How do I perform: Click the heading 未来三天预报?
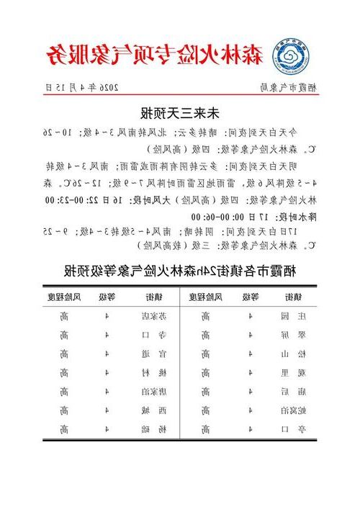pyautogui.click(x=180, y=113)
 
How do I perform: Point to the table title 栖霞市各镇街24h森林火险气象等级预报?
pyautogui.click(x=180, y=270)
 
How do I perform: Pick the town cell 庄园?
pyautogui.click(x=294, y=315)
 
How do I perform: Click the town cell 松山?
pyautogui.click(x=294, y=353)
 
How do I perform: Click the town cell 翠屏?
pyautogui.click(x=294, y=335)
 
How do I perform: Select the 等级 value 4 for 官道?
pyautogui.click(x=107, y=353)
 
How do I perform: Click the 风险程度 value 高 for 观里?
pyautogui.click(x=206, y=372)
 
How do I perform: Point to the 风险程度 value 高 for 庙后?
pyautogui.click(x=206, y=392)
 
